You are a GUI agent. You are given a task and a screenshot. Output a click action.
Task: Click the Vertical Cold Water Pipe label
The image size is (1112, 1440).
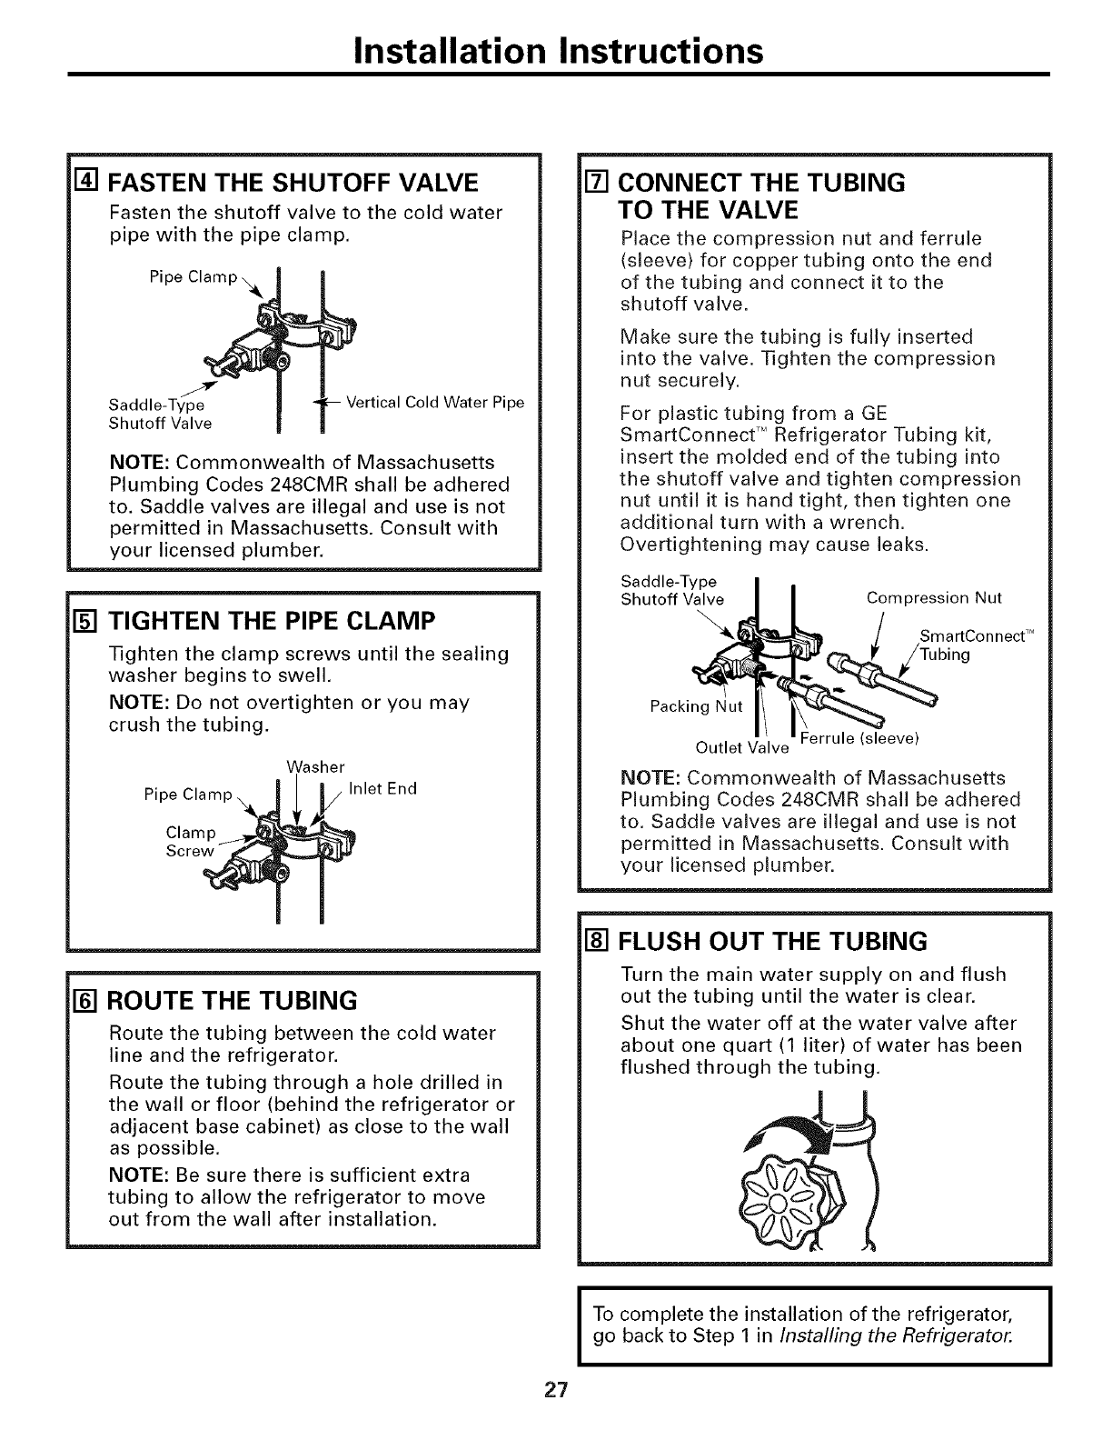point(435,403)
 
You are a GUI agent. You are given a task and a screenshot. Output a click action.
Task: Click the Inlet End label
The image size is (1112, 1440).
point(382,788)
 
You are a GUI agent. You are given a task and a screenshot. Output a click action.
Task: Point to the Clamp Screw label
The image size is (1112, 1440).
point(191,842)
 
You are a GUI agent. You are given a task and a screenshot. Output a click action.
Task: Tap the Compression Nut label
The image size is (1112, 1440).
point(934,598)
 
